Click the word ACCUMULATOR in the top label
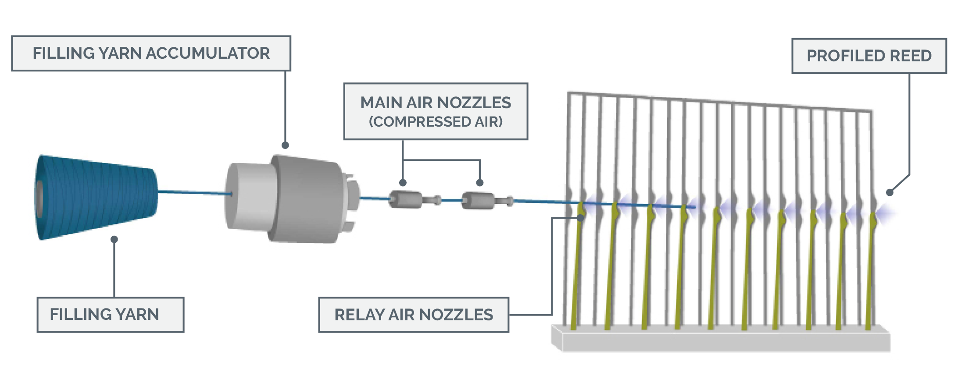(207, 53)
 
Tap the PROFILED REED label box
(868, 56)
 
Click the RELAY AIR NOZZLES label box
(413, 315)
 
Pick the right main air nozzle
(478, 201)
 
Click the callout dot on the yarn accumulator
(285, 145)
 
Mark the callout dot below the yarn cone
(114, 239)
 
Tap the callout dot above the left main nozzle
(403, 183)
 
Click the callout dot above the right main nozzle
(480, 183)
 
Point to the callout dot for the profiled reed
(890, 192)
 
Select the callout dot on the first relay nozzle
(580, 217)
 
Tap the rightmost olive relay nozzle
(871, 272)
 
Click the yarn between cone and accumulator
(193, 192)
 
